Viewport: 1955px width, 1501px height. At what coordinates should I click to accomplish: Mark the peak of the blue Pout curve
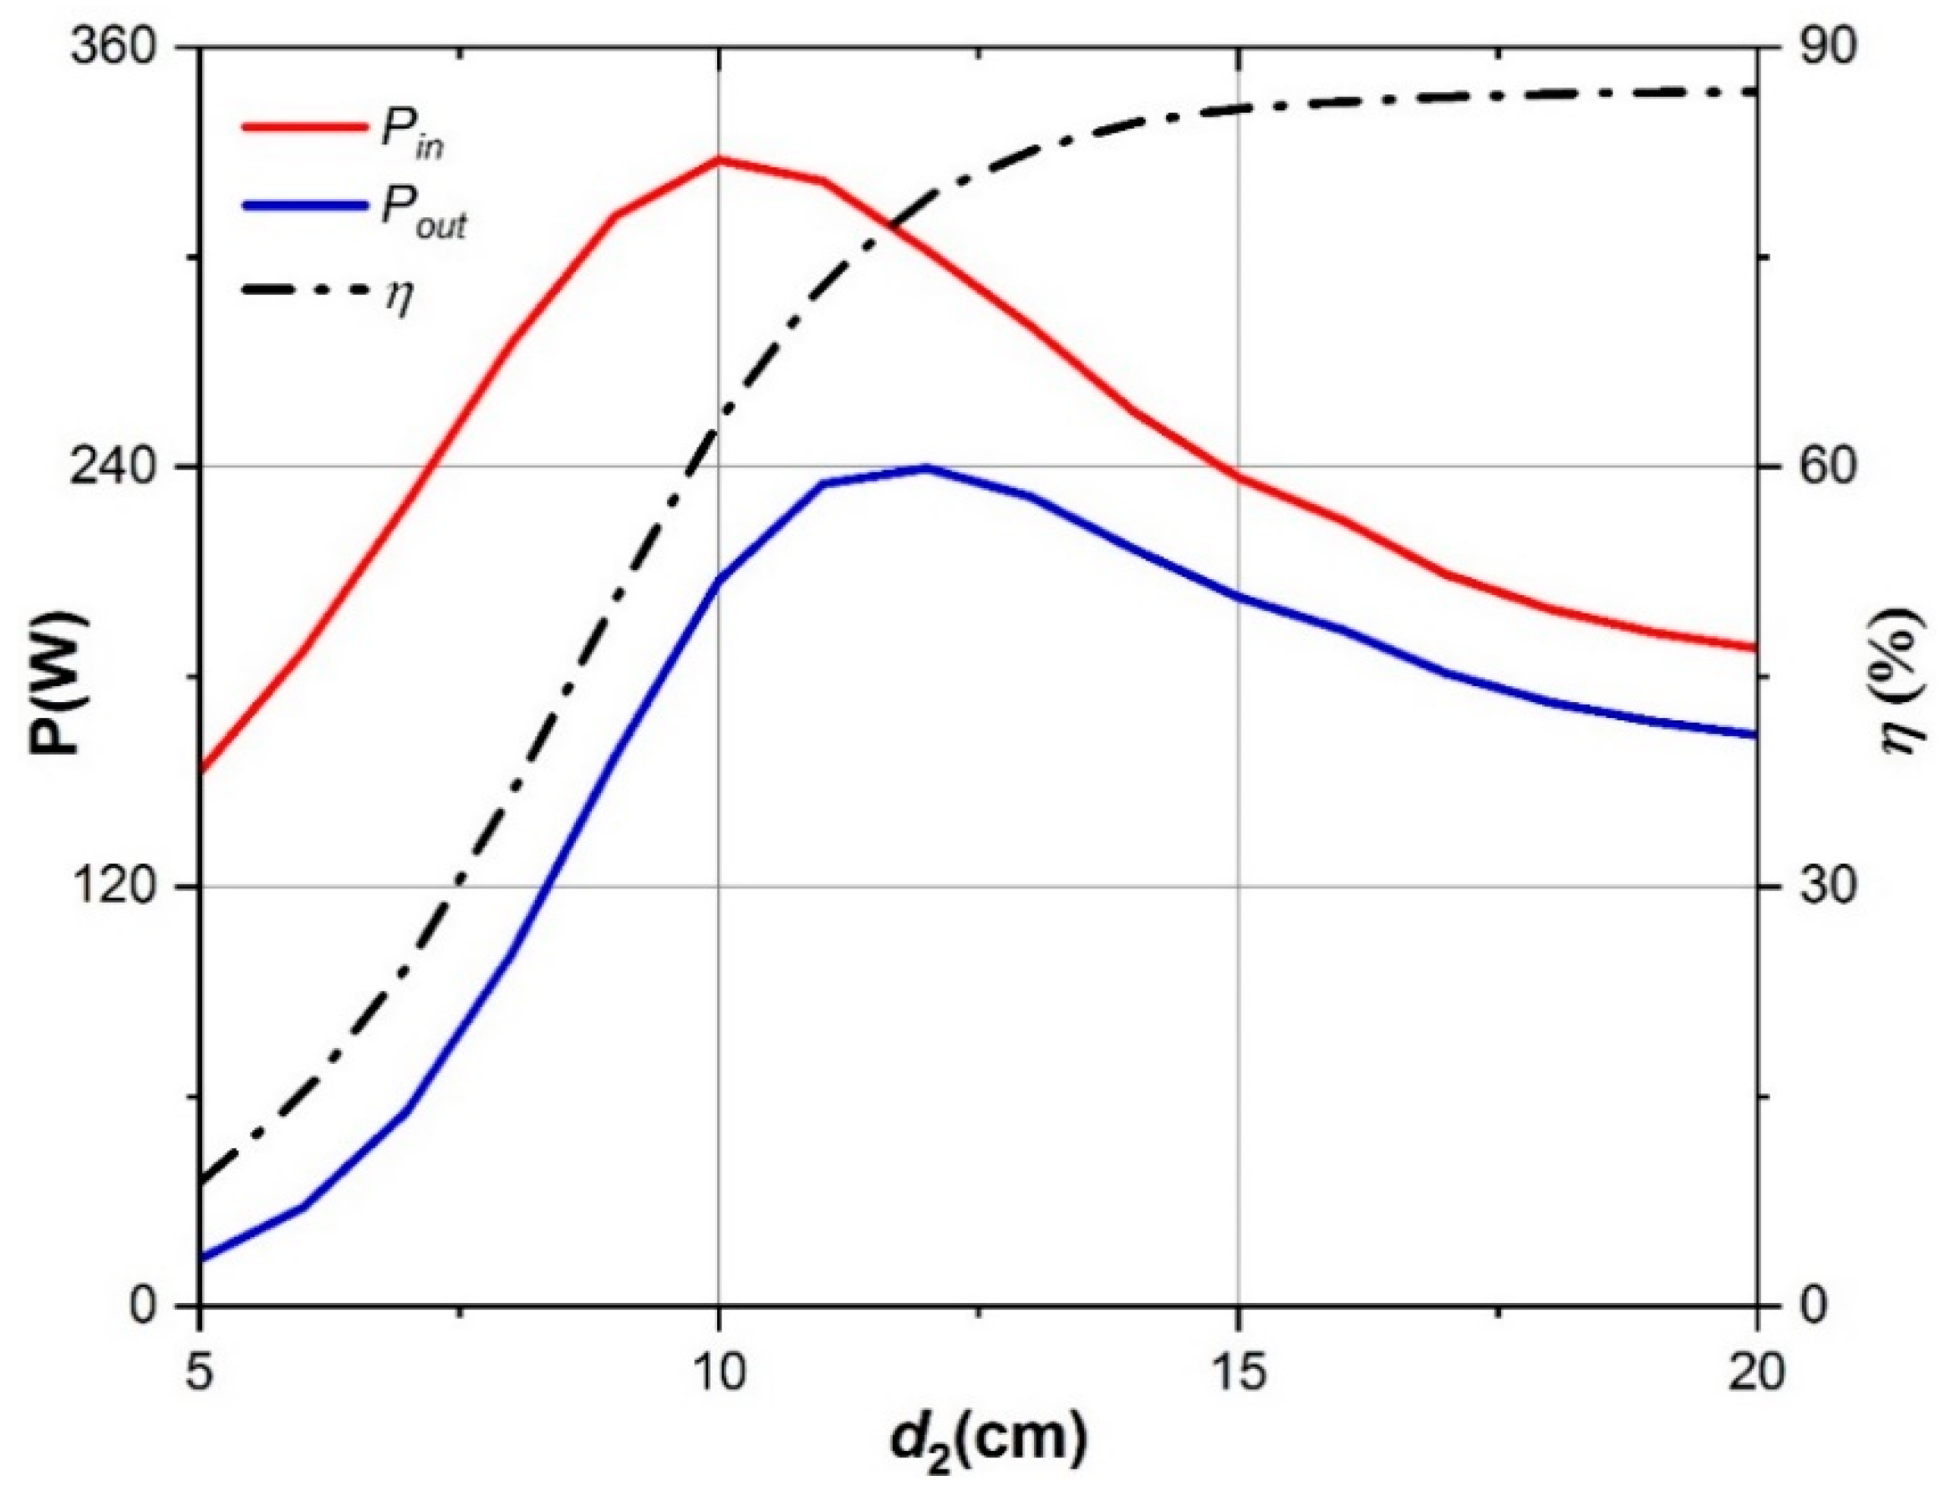point(927,467)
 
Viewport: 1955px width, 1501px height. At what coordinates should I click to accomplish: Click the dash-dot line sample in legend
point(303,290)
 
